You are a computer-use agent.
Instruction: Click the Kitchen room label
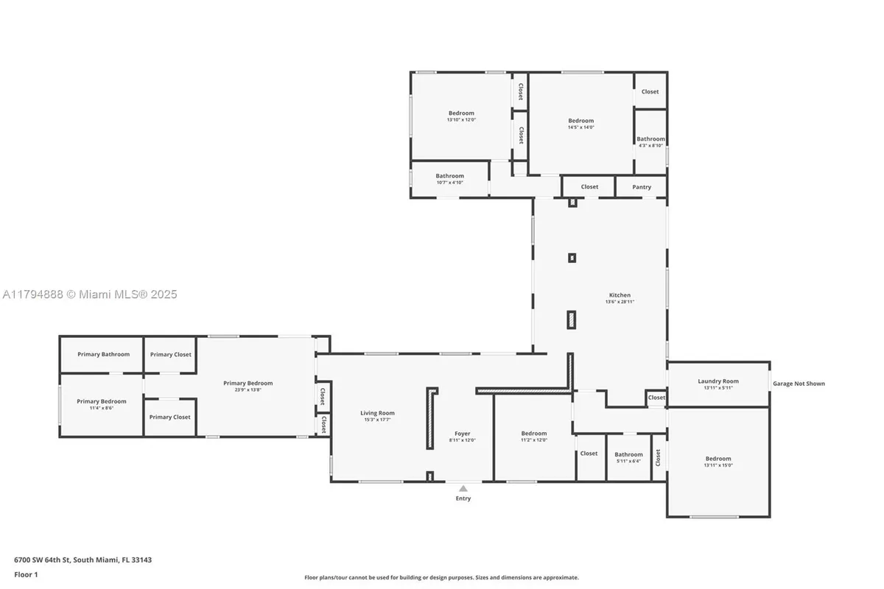pos(620,295)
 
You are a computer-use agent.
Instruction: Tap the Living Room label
pos(377,413)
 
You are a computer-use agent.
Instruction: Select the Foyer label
pos(462,434)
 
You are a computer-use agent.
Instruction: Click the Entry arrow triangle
pos(463,488)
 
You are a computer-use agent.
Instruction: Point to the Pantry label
pos(642,187)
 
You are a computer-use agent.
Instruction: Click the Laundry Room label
pos(718,381)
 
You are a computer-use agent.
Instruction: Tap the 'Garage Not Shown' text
pos(799,384)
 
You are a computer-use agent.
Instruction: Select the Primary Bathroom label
pos(103,354)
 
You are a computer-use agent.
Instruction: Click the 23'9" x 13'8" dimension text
pos(248,389)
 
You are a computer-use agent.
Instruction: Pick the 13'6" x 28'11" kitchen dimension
pos(620,302)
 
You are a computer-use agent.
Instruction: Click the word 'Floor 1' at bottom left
pos(25,574)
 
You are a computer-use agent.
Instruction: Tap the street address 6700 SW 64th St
pos(83,560)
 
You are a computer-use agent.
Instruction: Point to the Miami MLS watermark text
pos(89,294)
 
